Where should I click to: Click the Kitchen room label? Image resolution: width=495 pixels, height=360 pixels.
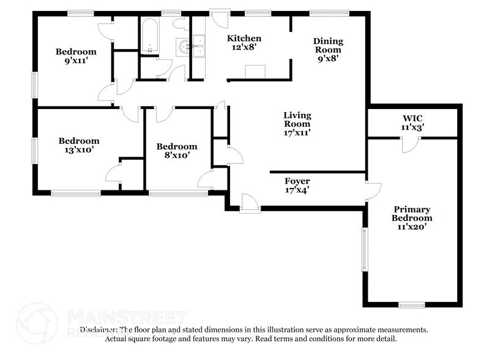tap(244, 38)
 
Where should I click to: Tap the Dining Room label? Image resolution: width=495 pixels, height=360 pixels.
tap(328, 42)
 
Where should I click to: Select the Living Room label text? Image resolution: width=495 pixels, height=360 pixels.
tap(297, 115)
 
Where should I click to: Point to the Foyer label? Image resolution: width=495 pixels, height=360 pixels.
tap(297, 181)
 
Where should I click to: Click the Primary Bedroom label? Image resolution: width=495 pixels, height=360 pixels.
tap(412, 214)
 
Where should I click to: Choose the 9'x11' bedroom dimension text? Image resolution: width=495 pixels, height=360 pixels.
tap(76, 61)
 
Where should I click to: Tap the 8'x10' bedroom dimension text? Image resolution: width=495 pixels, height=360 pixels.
tap(176, 155)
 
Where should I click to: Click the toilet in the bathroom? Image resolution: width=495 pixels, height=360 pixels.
tap(181, 24)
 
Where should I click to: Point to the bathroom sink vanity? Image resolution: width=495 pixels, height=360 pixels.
tap(184, 47)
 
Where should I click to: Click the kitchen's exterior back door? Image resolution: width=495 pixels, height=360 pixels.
tap(217, 17)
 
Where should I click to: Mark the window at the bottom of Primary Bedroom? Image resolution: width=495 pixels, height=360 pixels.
tap(411, 304)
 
